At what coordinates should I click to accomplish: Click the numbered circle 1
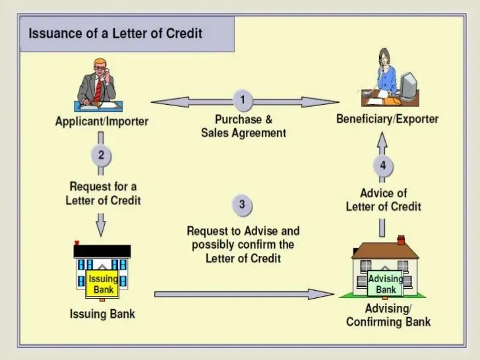[243, 101]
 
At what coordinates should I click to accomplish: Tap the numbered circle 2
[101, 156]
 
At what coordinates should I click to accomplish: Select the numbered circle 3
[242, 205]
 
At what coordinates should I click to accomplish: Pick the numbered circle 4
[382, 165]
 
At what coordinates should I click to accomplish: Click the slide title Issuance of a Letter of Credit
[115, 33]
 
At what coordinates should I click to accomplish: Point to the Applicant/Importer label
[102, 121]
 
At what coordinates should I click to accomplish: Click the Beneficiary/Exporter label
[387, 119]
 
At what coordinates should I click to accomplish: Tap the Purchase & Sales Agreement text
[243, 126]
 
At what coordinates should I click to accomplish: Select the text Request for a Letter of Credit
[103, 193]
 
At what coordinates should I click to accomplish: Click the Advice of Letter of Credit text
[383, 200]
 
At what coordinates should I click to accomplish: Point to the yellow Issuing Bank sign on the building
[103, 284]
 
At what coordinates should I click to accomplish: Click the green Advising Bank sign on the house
[386, 284]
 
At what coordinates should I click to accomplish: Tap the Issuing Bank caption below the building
[102, 314]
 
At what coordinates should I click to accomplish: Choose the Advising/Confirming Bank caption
[388, 315]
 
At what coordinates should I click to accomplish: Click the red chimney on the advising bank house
[400, 240]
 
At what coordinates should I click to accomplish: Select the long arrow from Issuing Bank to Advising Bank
[244, 294]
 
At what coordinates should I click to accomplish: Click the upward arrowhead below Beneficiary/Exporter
[382, 139]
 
